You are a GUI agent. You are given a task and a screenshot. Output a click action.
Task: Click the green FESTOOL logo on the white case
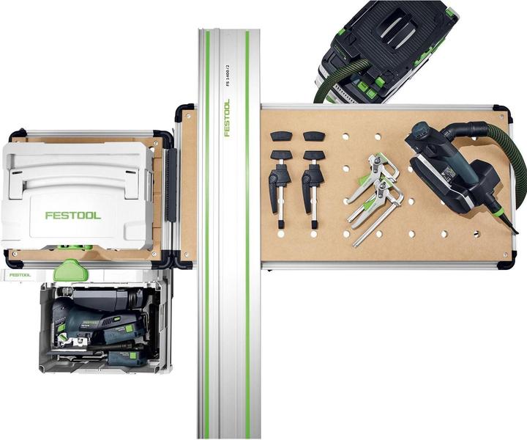[72, 215]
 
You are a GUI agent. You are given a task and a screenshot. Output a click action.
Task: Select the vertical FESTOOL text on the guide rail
[227, 117]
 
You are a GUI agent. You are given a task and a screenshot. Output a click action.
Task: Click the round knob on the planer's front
[420, 132]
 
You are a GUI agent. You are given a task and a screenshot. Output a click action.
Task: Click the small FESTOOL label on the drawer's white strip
[20, 275]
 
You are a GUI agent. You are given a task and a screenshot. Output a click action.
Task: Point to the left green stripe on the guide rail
[207, 235]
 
